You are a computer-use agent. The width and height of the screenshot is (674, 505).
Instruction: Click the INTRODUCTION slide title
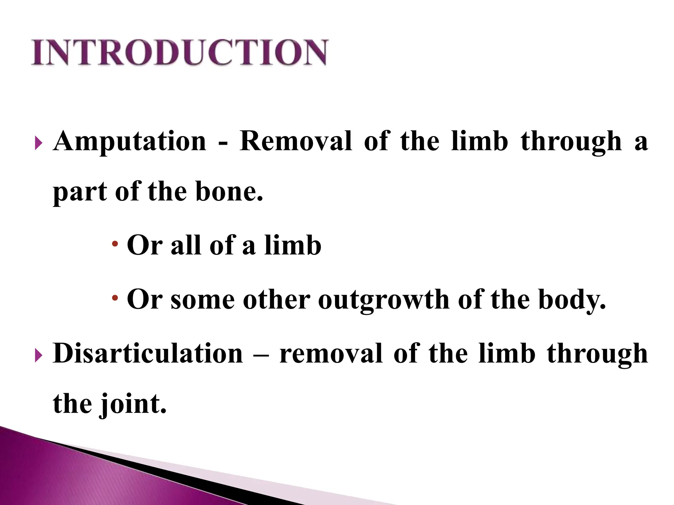coord(179,53)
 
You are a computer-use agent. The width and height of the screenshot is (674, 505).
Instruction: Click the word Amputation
coord(130,141)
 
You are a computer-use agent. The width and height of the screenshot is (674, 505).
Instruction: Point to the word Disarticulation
coord(148,354)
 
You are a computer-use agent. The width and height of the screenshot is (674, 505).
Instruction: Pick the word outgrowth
coord(384,300)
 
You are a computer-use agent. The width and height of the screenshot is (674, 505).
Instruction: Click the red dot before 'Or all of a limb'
coord(115,244)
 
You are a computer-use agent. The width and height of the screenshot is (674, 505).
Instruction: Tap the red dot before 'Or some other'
coord(115,298)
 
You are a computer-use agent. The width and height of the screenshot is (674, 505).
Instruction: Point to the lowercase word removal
coord(331,354)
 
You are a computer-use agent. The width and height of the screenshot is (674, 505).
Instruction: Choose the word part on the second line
coord(80,192)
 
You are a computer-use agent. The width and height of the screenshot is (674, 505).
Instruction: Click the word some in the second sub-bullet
coord(203,300)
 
